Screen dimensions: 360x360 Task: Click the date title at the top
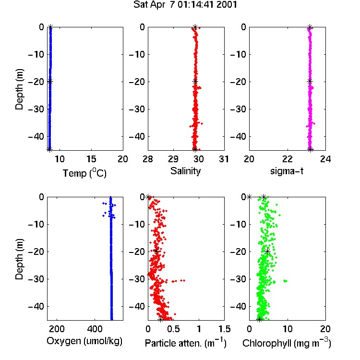click(185, 5)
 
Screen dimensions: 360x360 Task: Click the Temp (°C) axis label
click(84, 173)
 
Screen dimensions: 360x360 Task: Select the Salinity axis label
click(185, 171)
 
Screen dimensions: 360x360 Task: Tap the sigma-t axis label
click(287, 171)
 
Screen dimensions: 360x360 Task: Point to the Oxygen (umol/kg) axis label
click(84, 341)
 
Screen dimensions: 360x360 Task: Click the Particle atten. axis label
click(185, 343)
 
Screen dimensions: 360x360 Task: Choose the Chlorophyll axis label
click(287, 343)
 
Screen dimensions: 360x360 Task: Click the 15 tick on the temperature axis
click(91, 159)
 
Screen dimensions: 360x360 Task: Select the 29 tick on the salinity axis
click(173, 159)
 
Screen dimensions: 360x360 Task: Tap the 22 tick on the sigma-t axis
click(287, 159)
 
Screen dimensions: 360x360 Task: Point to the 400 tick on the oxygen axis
click(95, 329)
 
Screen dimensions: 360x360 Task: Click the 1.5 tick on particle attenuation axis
click(224, 329)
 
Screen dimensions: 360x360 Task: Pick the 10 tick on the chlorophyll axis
click(287, 329)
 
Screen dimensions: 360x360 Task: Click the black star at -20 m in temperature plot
click(50, 81)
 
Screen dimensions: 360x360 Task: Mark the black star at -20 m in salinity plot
click(195, 81)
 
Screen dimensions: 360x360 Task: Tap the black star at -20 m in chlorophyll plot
click(267, 251)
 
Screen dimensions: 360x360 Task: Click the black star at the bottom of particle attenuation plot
click(160, 319)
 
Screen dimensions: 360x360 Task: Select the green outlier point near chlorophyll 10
click(285, 281)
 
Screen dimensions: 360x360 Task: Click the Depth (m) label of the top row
click(19, 89)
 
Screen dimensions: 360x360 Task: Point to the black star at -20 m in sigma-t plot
click(310, 81)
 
